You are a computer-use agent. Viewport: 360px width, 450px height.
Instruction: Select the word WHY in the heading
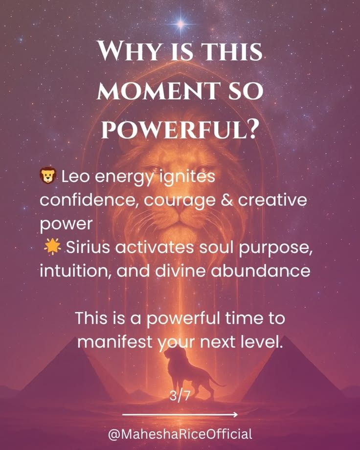(x=129, y=51)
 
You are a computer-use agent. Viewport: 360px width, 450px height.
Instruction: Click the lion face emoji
(x=48, y=175)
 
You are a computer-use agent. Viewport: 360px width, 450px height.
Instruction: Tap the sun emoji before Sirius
(x=52, y=247)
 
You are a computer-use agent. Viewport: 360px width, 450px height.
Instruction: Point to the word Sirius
(x=88, y=247)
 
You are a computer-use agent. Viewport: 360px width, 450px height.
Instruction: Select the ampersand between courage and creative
(x=226, y=200)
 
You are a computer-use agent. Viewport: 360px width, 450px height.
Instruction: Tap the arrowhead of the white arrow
(x=235, y=414)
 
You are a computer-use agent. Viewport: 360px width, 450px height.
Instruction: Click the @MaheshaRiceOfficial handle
(x=180, y=434)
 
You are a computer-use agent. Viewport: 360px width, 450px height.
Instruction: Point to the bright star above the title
(x=180, y=24)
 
